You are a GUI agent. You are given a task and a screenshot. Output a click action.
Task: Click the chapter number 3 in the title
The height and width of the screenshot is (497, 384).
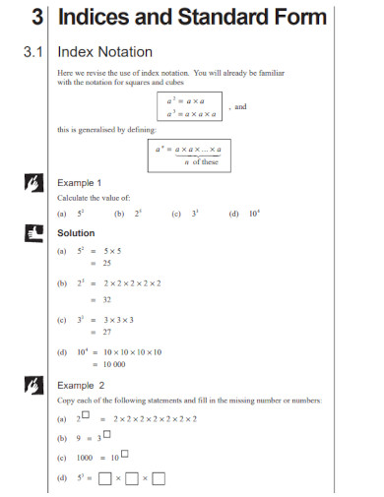36,18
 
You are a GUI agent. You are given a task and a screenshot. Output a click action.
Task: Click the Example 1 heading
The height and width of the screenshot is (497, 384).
80,183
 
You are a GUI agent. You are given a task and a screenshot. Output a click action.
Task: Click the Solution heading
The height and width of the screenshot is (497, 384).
76,233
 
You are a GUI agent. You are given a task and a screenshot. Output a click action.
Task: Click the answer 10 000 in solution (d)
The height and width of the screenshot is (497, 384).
116,365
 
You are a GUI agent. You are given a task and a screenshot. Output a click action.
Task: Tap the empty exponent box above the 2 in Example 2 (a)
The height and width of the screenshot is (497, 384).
86,414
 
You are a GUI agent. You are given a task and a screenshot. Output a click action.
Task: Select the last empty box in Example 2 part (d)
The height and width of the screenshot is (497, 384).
159,479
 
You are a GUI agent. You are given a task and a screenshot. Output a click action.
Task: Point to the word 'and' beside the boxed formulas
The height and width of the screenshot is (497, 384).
240,106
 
